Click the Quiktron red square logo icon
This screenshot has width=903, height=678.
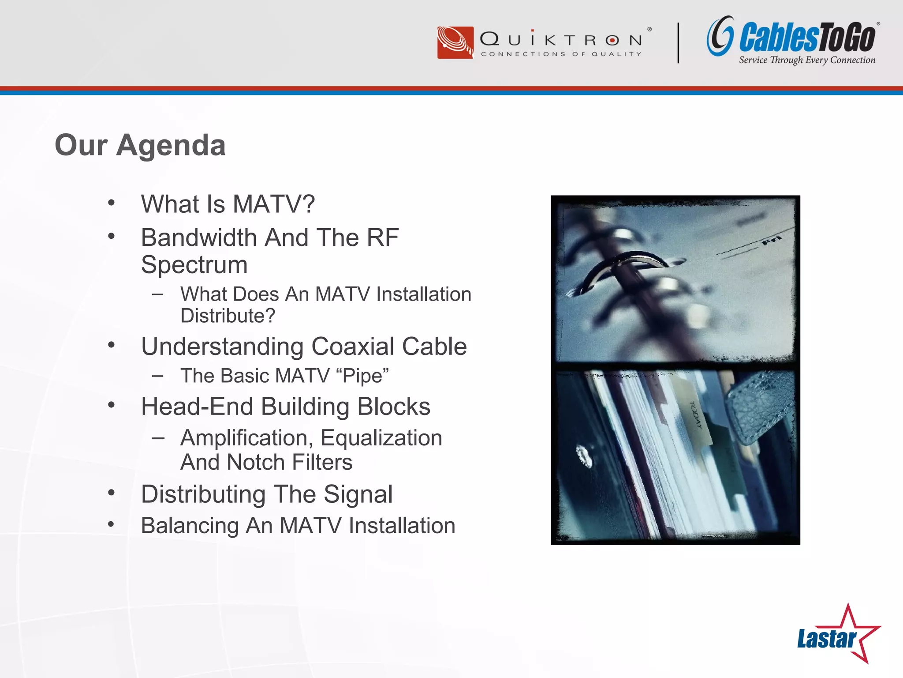tap(455, 42)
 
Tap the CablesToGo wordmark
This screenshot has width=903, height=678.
tap(807, 38)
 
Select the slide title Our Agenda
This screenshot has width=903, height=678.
tap(140, 145)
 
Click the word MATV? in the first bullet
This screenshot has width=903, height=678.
tap(273, 204)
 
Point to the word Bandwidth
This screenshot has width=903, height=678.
tap(200, 238)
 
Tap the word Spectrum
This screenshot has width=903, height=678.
tap(194, 265)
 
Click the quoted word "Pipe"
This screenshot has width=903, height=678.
tap(362, 376)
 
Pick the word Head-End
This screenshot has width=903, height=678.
tap(197, 407)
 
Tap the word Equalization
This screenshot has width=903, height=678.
tap(381, 438)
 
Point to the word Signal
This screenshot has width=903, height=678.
tap(358, 494)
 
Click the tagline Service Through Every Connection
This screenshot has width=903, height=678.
tap(807, 60)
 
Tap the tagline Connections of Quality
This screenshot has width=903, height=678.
tap(561, 54)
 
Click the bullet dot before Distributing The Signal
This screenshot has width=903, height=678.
tap(111, 492)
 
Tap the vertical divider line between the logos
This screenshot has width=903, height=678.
tap(678, 43)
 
